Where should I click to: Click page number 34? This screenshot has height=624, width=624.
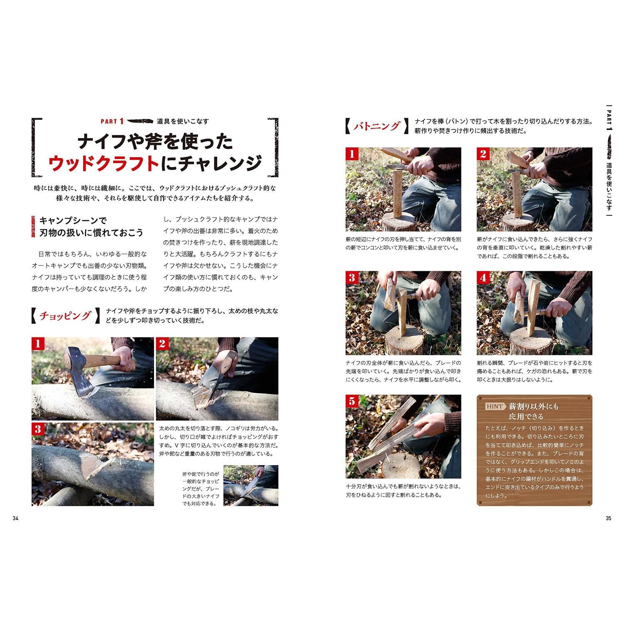(15, 518)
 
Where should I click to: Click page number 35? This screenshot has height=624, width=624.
(608, 518)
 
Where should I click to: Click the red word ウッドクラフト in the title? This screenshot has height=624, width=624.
(104, 163)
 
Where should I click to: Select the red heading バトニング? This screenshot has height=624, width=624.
(376, 126)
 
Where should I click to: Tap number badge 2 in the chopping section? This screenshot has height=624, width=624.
(162, 344)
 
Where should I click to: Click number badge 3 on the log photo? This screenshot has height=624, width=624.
(38, 429)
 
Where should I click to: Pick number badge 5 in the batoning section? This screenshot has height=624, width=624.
(352, 401)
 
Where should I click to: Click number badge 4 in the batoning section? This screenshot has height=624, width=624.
(483, 277)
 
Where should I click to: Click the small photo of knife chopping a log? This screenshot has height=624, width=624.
(250, 485)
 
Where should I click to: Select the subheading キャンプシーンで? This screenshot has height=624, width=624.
(73, 221)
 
